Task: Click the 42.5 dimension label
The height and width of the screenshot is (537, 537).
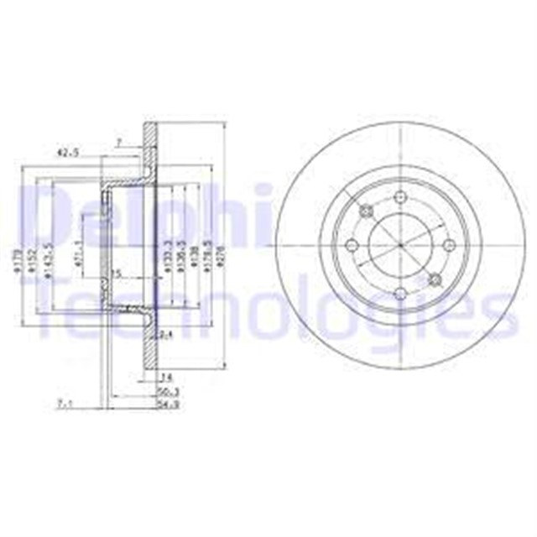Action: (67, 153)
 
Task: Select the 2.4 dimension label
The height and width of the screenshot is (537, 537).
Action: (166, 336)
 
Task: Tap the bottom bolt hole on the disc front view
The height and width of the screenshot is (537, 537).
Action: (400, 293)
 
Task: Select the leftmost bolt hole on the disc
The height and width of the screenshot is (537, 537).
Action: (352, 245)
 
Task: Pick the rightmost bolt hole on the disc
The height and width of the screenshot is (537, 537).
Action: (449, 245)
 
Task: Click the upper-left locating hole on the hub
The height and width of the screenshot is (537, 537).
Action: (365, 211)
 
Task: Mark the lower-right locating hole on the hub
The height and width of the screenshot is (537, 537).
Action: (435, 279)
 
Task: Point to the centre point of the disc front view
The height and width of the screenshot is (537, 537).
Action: (400, 245)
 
